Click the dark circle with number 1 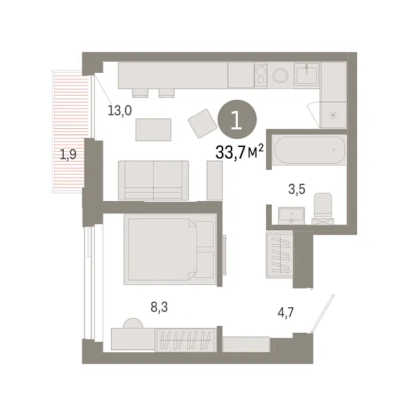(x=236, y=120)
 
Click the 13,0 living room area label (x=119, y=110)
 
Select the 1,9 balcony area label (x=68, y=155)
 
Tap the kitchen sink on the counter (x=306, y=75)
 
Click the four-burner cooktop (x=261, y=75)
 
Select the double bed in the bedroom (x=171, y=248)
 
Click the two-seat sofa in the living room (x=153, y=180)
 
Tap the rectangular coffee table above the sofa (x=153, y=129)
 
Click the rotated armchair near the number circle (x=203, y=123)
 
